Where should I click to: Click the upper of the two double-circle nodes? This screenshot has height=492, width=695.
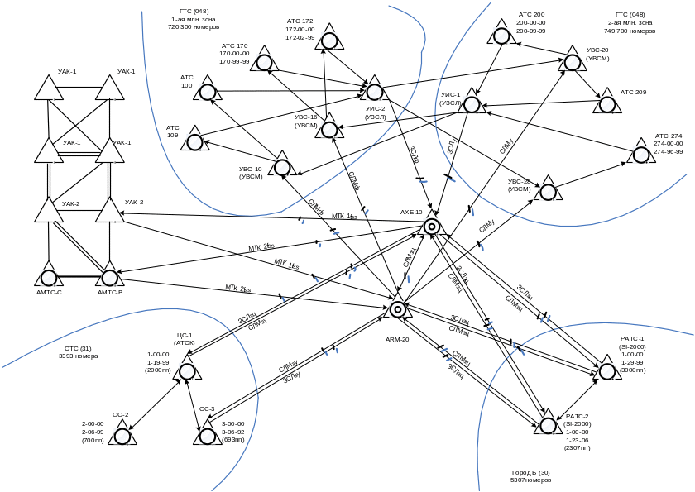point(431,227)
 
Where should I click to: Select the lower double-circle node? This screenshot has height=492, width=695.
point(398,309)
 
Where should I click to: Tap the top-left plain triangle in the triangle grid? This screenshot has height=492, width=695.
point(48,88)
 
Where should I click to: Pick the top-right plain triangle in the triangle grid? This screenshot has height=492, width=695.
point(110,88)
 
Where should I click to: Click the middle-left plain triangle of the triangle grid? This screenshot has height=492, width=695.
point(48,151)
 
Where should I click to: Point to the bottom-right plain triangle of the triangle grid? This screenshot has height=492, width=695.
point(110,211)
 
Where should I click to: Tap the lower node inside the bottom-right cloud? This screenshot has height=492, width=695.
point(547,426)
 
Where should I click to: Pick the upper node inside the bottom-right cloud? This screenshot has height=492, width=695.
point(608,370)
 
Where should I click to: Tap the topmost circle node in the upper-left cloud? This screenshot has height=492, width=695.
point(329,39)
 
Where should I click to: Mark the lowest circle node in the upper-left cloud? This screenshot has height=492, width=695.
point(281,167)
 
